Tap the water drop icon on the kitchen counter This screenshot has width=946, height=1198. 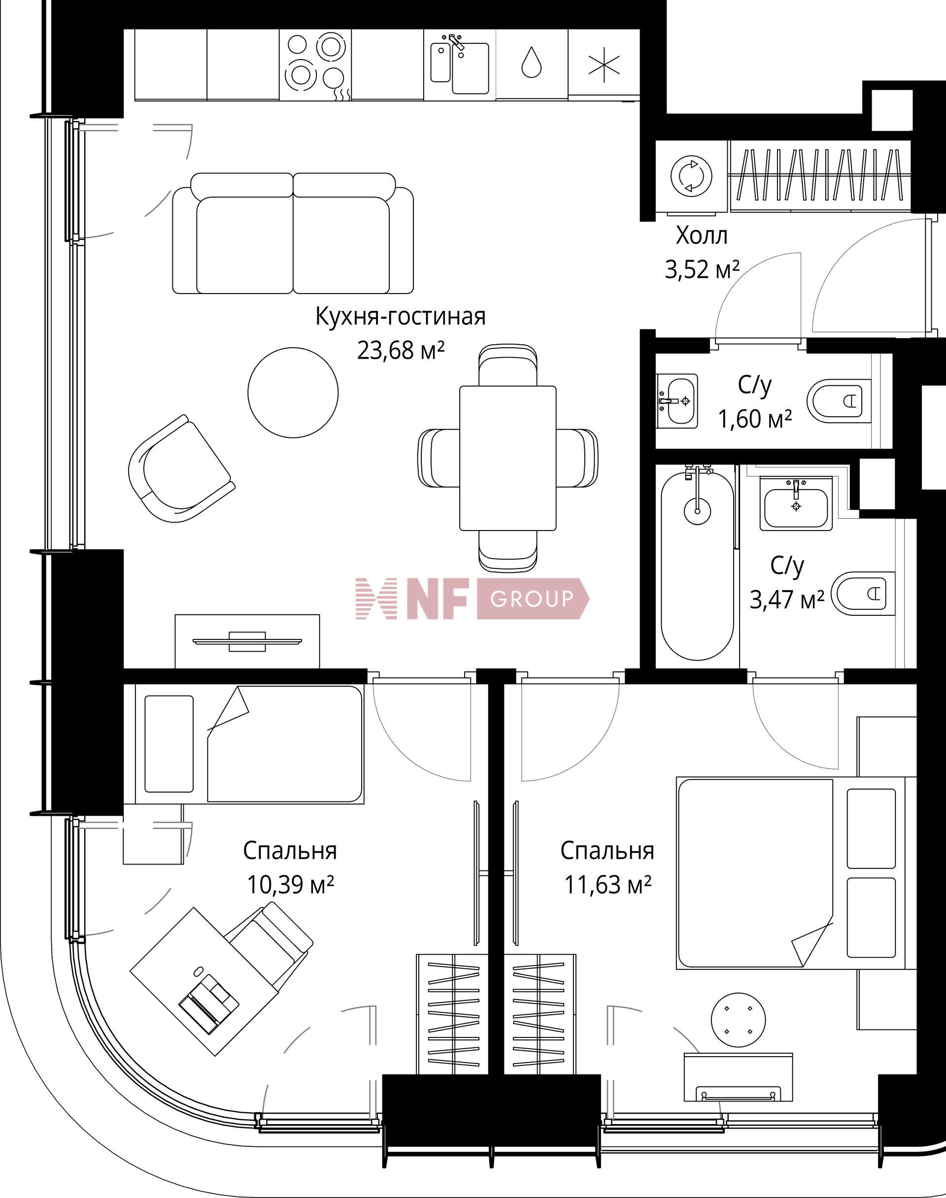point(531,62)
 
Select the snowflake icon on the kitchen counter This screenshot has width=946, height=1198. point(604,64)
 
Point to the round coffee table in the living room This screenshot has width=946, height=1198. point(293,392)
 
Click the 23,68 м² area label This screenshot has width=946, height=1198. point(401,350)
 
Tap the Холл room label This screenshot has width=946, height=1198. point(701,236)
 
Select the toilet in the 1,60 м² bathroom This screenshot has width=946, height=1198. point(838,399)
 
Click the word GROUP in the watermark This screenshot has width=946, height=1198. point(531,599)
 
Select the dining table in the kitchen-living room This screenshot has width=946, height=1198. point(507,457)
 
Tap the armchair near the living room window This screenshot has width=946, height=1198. point(179,469)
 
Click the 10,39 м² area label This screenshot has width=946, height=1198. point(290,885)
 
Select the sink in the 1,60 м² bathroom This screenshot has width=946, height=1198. point(677,401)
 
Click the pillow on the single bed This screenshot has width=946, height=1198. point(169,743)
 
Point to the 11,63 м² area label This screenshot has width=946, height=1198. point(607,885)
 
